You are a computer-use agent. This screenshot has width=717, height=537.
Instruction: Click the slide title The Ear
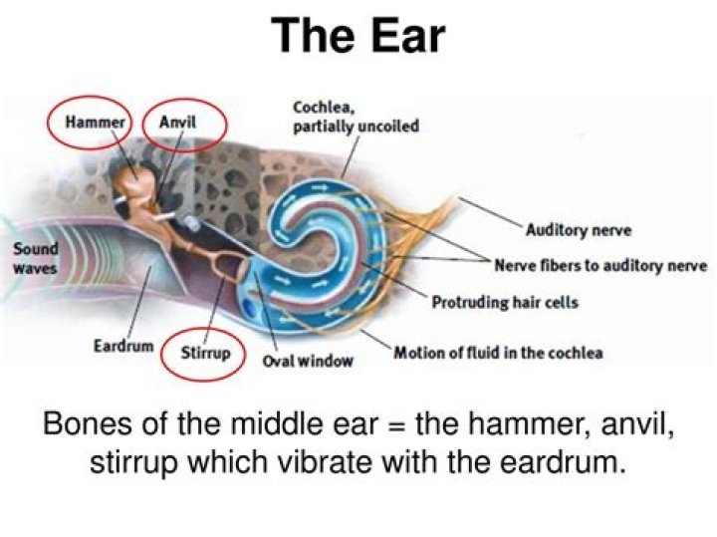click(x=358, y=37)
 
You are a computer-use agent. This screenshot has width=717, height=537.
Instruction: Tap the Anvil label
click(x=179, y=123)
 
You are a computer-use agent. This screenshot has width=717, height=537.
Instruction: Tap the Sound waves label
click(x=36, y=258)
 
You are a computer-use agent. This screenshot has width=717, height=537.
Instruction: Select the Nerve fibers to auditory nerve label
click(x=600, y=266)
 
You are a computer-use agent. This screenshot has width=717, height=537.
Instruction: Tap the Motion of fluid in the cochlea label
click(x=498, y=352)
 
